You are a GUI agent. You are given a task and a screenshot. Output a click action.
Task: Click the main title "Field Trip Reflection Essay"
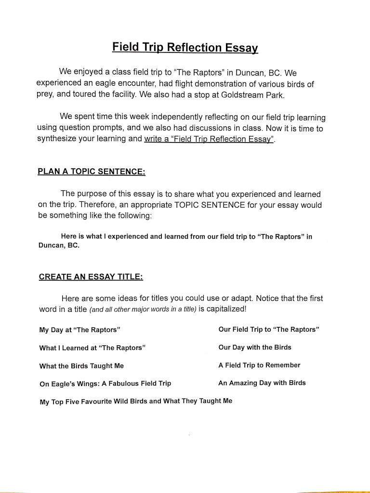tap(185, 48)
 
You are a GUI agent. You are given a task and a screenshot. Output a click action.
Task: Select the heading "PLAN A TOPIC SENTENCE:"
tap(92, 172)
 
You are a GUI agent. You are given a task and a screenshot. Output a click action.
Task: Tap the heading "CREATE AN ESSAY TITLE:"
tap(91, 277)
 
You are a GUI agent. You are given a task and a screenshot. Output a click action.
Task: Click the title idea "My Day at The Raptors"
tap(79, 330)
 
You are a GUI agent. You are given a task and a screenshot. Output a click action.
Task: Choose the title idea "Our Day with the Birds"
tap(255, 347)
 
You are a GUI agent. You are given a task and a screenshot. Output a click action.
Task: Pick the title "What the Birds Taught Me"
tap(81, 366)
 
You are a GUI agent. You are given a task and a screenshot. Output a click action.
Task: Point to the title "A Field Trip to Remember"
tap(259, 365)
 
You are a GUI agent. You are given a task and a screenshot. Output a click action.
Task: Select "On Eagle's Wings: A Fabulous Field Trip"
tap(105, 384)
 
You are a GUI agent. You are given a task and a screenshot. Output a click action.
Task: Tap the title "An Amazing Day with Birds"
tap(262, 383)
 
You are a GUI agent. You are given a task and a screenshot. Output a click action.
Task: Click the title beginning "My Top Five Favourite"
tap(136, 401)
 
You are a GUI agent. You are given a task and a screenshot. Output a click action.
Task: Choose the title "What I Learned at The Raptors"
tap(92, 348)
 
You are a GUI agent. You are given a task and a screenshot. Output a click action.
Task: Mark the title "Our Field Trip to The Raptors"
tap(269, 329)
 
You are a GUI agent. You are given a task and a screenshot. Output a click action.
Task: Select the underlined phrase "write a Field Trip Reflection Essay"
tap(209, 139)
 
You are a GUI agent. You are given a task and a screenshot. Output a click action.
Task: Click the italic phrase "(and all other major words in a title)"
tap(143, 309)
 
